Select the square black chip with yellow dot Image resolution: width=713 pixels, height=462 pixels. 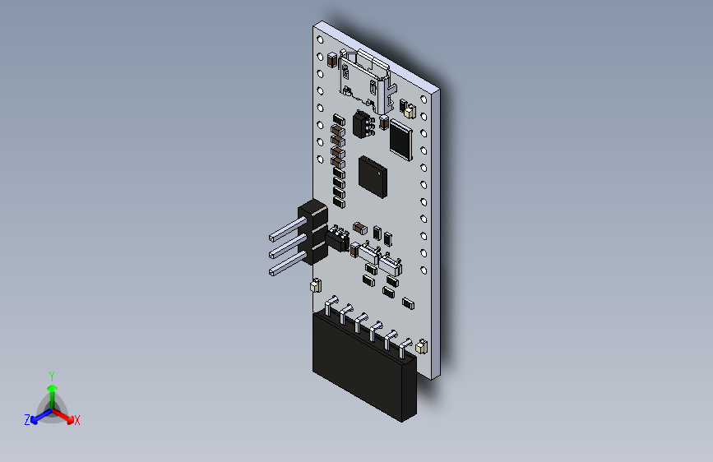(x=373, y=178)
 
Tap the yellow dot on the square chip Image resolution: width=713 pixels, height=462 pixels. (x=380, y=173)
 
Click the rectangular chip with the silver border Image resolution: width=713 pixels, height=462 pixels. (x=401, y=140)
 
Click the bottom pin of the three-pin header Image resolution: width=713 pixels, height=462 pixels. (x=287, y=265)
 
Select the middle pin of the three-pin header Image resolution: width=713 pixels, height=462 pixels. (x=287, y=247)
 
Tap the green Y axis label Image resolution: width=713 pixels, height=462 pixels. (x=52, y=377)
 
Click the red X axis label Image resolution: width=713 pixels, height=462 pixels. (x=76, y=421)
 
